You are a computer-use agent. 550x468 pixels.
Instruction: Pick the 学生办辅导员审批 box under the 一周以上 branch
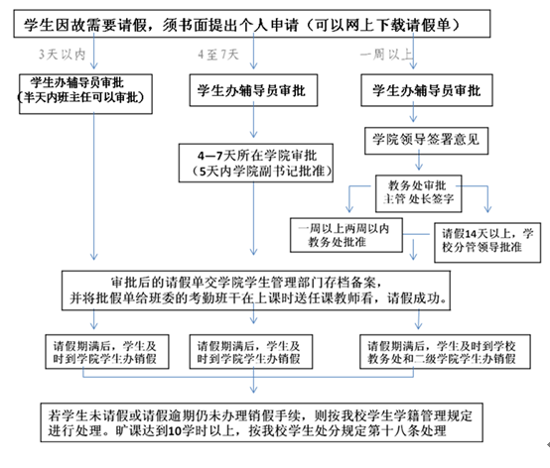[x=425, y=89]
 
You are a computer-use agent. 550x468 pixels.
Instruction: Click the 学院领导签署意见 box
[x=425, y=139]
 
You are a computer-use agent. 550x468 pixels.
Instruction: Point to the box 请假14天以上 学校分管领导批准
[x=487, y=239]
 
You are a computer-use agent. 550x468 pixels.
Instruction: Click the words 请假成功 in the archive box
[x=424, y=297]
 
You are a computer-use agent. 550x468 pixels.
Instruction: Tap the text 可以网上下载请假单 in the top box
[x=417, y=21]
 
